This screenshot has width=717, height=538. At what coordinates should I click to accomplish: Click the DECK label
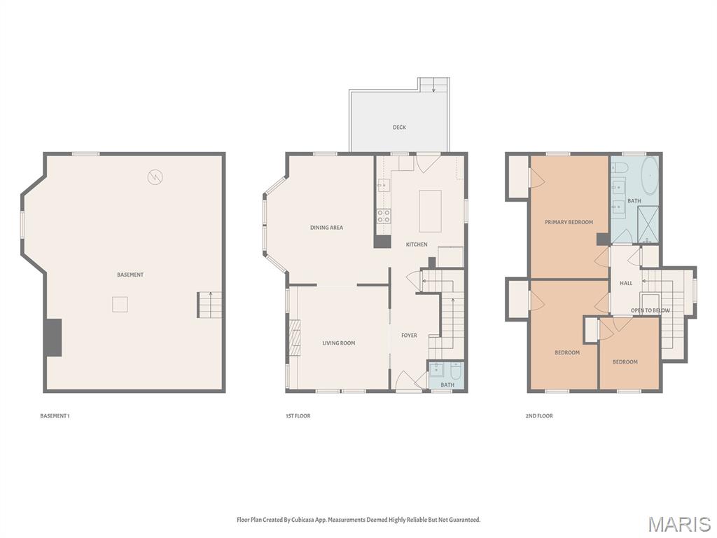tap(399, 127)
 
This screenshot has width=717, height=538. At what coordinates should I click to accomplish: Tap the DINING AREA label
tap(327, 228)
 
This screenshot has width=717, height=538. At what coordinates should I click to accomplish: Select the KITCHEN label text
tap(417, 244)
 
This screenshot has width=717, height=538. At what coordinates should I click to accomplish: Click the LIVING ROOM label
tap(338, 343)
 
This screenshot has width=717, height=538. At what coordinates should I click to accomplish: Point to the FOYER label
tap(409, 336)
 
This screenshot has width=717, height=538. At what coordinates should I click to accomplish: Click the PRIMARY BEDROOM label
tap(569, 222)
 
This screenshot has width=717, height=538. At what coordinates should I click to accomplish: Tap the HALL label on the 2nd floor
tap(625, 284)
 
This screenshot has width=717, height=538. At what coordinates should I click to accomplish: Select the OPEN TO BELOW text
tap(650, 310)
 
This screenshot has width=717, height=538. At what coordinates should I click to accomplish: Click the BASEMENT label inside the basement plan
tap(130, 275)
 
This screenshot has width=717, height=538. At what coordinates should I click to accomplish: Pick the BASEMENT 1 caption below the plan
tap(55, 416)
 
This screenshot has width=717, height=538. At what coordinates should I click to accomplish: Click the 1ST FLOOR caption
tap(298, 416)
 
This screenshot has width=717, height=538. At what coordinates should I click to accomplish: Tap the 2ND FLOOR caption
tap(539, 416)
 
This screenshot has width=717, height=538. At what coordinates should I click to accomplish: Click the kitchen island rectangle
tap(431, 211)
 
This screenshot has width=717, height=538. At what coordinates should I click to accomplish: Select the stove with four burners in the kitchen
tap(384, 216)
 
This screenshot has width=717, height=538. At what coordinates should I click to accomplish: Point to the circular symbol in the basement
tap(155, 177)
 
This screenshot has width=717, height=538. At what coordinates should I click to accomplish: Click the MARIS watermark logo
tap(678, 524)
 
